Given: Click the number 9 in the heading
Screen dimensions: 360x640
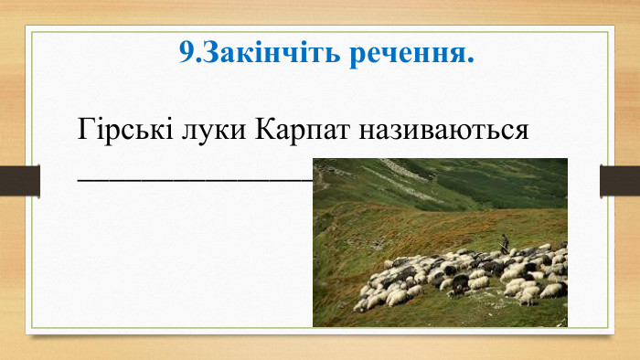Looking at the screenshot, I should [187, 54].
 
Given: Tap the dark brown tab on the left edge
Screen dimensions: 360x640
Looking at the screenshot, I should [19, 180].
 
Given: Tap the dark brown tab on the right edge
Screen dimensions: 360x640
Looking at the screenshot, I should [619, 180].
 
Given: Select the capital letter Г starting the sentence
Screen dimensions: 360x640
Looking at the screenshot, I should [86, 127].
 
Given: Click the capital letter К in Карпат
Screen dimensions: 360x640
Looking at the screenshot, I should [265, 127].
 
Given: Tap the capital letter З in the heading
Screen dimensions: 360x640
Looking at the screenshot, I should [207, 54].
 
